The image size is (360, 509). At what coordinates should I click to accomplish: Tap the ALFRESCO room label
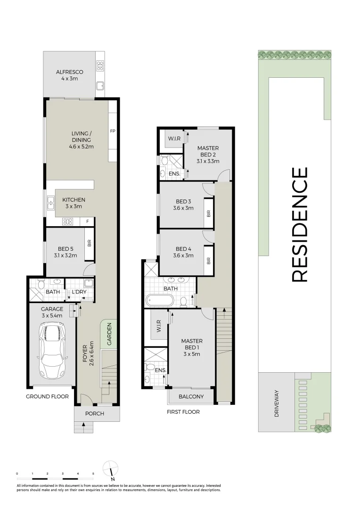click(x=70, y=72)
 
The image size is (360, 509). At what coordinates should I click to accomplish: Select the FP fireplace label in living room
click(x=113, y=131)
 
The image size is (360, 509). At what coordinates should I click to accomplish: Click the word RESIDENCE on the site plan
click(x=300, y=224)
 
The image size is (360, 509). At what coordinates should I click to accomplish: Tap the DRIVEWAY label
click(x=277, y=403)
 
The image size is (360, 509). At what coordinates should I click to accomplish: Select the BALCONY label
click(x=191, y=396)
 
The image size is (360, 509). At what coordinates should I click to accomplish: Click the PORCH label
click(x=94, y=414)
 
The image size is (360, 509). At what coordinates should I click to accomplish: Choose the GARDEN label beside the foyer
click(x=109, y=334)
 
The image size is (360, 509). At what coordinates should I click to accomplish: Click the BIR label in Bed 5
click(x=89, y=243)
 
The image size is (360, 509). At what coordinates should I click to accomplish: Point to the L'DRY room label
click(x=78, y=292)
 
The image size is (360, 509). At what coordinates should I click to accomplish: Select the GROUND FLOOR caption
click(x=47, y=396)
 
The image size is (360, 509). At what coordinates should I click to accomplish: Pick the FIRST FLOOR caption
click(x=183, y=411)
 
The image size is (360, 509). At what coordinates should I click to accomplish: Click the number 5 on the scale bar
click(x=93, y=473)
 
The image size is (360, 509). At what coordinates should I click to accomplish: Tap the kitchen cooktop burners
click(x=68, y=221)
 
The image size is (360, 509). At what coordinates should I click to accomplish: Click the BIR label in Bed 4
click(x=208, y=260)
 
